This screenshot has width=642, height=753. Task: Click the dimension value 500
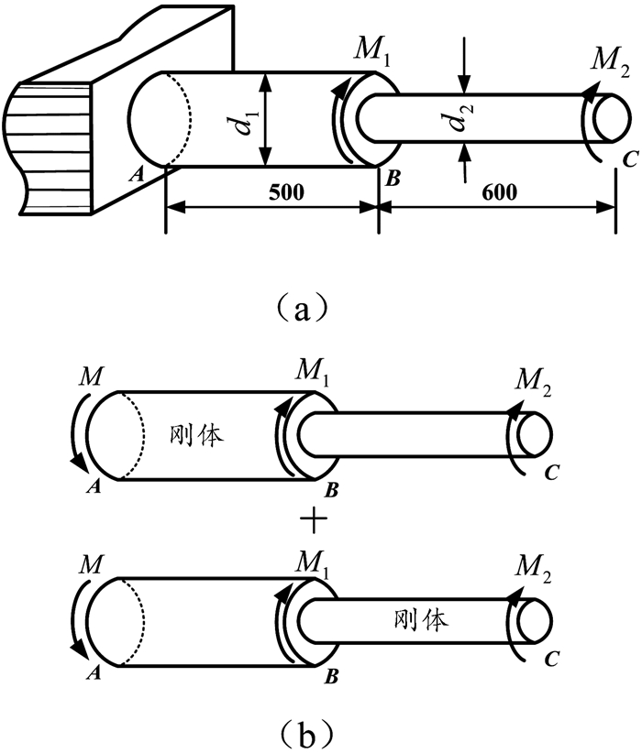tap(271, 192)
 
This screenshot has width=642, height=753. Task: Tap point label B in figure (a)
tap(393, 178)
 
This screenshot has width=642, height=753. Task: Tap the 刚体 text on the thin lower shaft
tap(426, 620)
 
